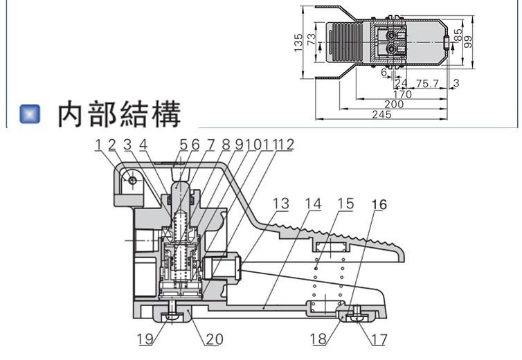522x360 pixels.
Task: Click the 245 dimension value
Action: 381,114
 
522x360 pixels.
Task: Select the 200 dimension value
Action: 393,104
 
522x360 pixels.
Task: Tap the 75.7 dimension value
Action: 426,84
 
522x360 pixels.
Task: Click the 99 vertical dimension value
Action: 468,41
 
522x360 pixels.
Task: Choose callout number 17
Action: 379,340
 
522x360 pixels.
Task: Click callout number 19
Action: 145,340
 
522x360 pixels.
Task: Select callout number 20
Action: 214,340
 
